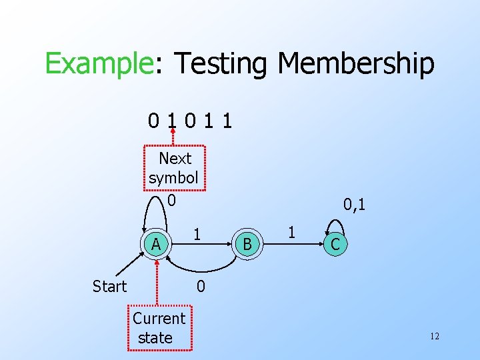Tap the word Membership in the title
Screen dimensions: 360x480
coord(355,65)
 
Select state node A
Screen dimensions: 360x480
coord(156,245)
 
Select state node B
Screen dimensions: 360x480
coord(247,245)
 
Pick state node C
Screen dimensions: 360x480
coord(335,245)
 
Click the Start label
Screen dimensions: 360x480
coord(109,287)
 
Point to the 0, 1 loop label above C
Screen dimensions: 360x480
coord(354,205)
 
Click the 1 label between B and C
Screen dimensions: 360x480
coord(291,233)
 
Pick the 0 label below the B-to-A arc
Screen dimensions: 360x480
coord(200,287)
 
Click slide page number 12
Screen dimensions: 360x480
coord(434,336)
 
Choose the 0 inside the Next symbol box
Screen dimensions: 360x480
coord(172,199)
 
